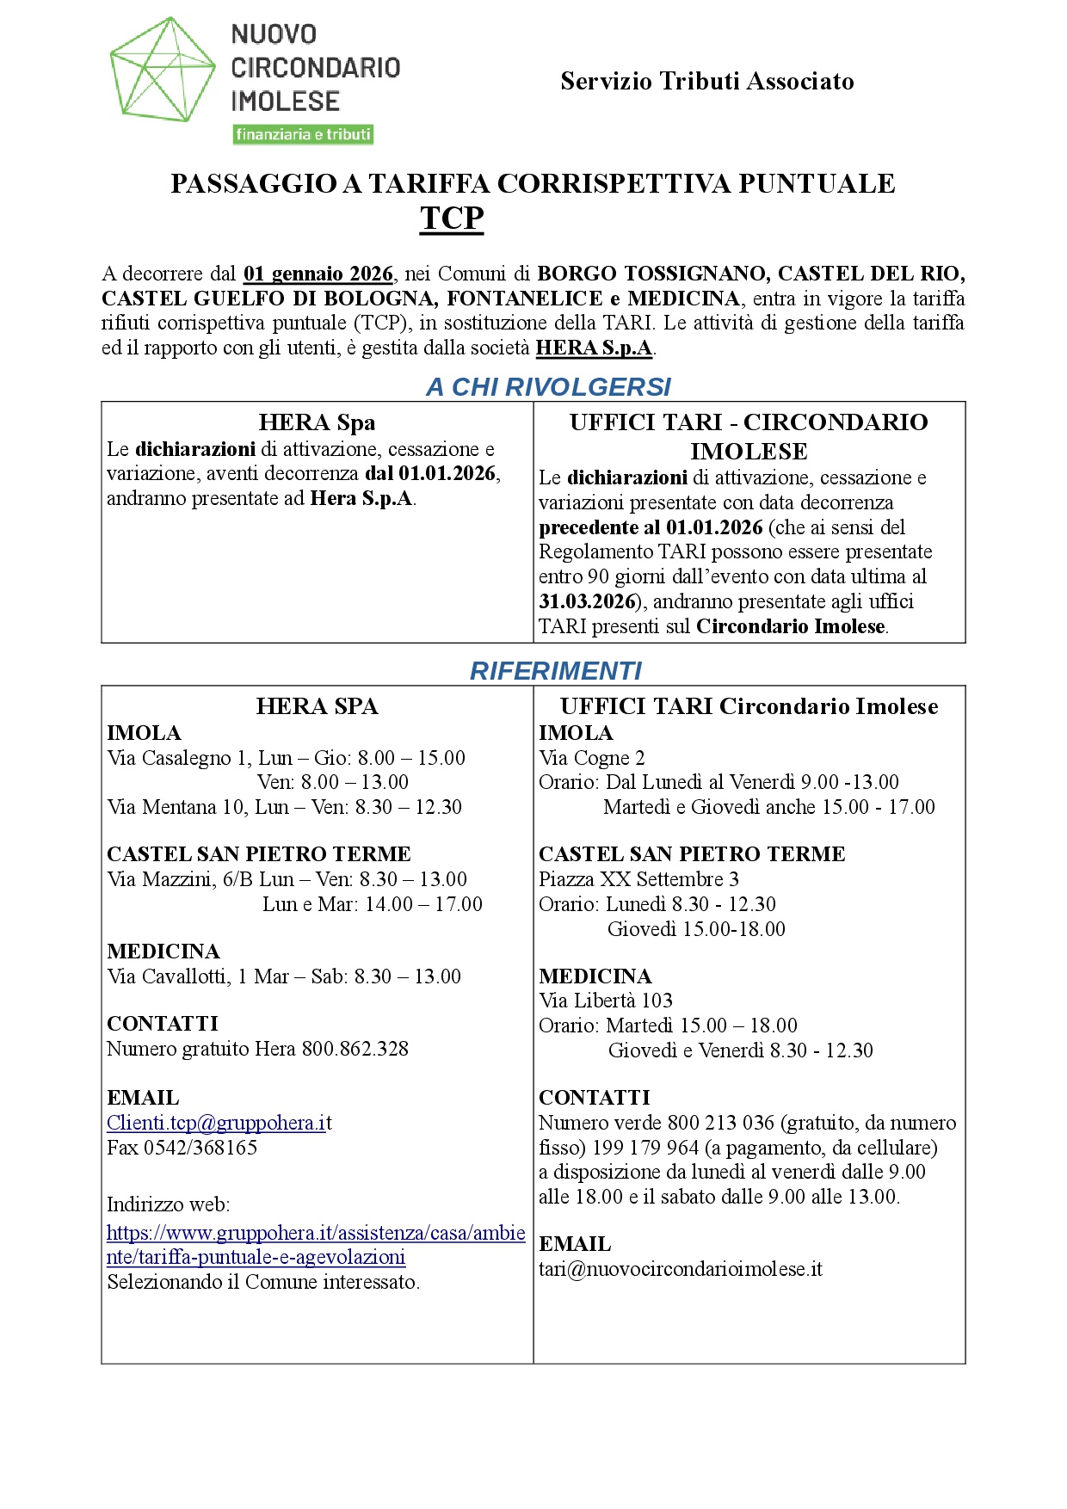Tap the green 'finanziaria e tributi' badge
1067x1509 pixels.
pos(303,134)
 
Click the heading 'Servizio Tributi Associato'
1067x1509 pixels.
pos(706,81)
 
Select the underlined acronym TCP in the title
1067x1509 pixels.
pos(452,219)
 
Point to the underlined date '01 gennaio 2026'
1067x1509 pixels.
pos(318,274)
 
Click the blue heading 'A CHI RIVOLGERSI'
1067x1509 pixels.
pos(548,387)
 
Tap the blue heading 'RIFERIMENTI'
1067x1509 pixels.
pos(556,671)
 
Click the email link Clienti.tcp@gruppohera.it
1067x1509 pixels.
pos(219,1123)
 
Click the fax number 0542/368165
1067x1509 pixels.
pos(200,1148)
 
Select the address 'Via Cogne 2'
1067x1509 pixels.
pos(591,758)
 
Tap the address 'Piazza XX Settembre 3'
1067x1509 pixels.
pos(638,879)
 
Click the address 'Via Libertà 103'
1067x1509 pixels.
pos(606,1001)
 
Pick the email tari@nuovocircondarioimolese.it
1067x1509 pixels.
pos(680,1269)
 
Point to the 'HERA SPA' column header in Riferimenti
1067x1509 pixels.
pos(317,706)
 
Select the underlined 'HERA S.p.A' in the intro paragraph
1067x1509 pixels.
pos(594,348)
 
